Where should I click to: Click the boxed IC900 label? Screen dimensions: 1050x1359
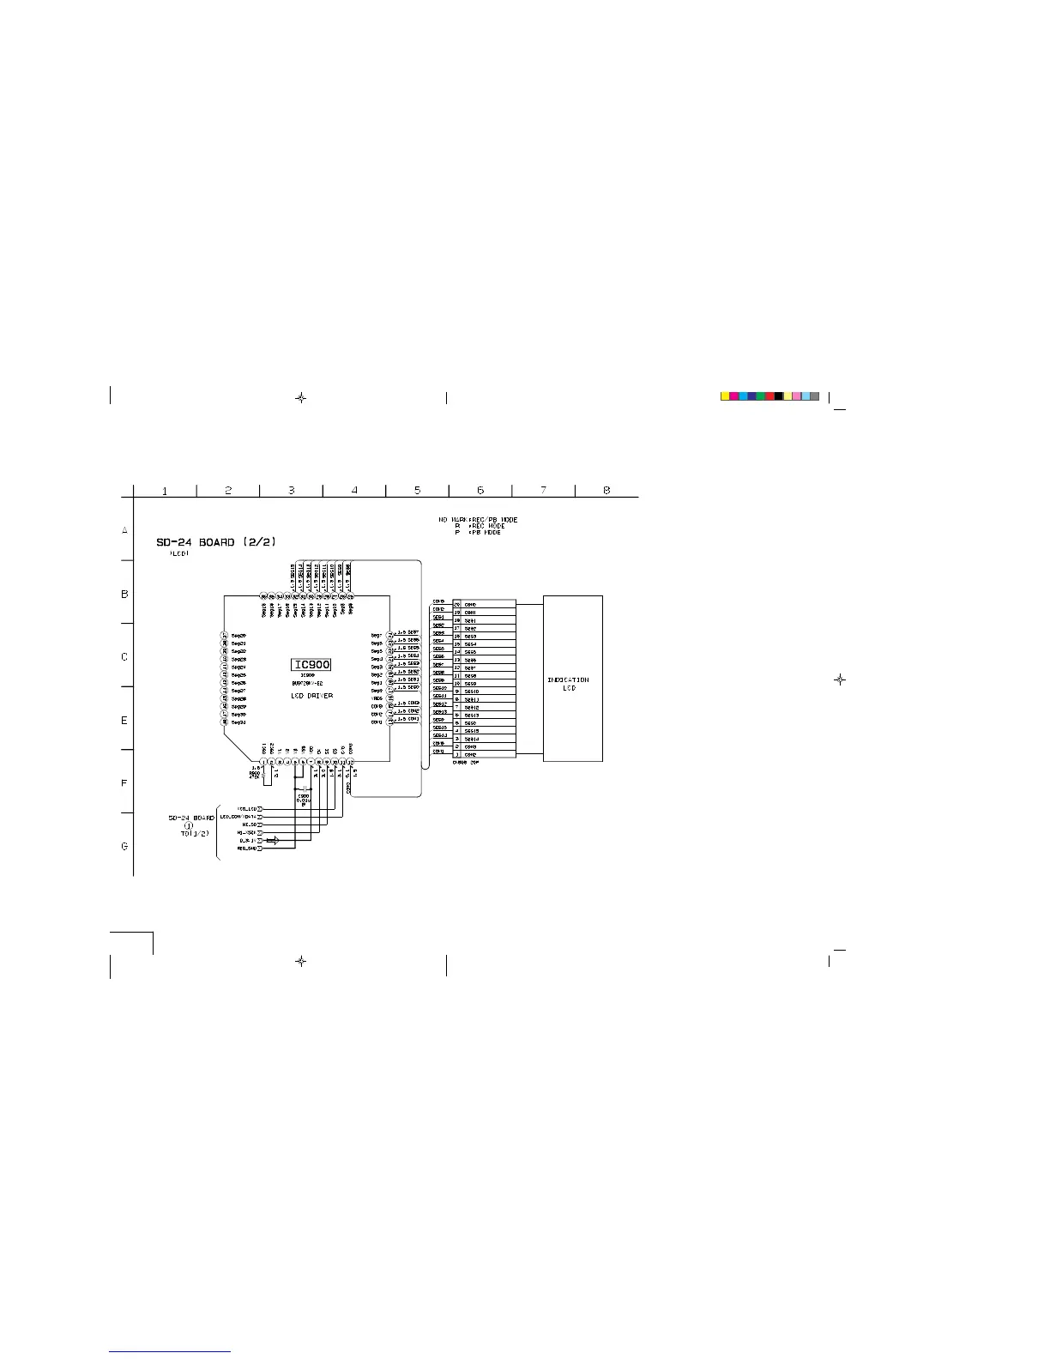312,665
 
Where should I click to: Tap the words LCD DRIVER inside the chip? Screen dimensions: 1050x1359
311,696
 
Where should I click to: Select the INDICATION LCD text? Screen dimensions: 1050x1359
568,684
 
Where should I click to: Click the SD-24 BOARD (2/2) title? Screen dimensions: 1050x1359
215,542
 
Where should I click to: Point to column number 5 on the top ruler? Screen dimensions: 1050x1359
418,490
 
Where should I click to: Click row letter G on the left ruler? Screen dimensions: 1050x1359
124,846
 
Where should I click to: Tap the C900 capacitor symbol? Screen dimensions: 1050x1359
303,788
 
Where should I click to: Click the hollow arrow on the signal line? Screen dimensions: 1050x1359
273,840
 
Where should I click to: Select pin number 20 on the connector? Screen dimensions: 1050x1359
457,605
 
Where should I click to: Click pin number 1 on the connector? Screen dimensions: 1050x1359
457,755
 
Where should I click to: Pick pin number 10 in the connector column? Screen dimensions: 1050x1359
457,684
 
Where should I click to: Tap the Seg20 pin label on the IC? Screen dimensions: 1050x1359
239,636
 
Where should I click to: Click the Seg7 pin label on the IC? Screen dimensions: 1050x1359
377,636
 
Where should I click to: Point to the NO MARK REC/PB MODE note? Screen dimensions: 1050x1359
478,520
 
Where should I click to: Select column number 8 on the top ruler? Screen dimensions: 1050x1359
606,490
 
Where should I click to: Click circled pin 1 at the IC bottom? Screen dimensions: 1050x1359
263,761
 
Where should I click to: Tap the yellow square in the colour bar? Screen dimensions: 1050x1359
725,396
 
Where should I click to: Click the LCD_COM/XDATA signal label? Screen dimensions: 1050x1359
239,817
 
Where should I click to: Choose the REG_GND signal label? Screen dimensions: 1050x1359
246,849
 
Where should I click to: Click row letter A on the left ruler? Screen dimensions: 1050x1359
124,530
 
